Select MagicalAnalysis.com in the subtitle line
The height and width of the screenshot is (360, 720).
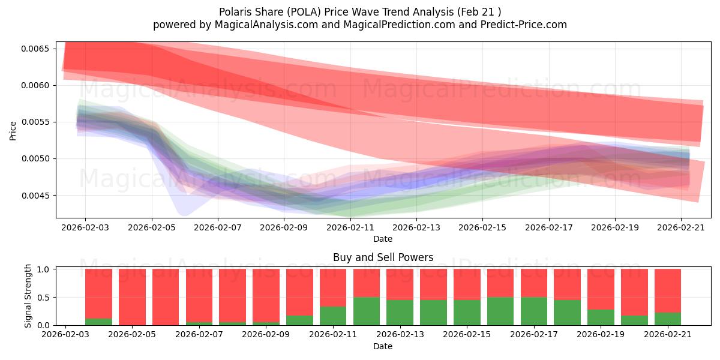[x=266, y=25]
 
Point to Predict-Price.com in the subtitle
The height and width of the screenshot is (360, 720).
[x=524, y=25]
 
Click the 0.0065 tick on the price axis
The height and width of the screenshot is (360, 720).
[x=35, y=49]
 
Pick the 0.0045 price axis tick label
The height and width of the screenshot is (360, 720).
[x=35, y=196]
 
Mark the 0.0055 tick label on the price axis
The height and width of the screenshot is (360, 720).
[x=35, y=122]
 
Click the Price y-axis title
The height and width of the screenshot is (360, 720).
[x=13, y=131]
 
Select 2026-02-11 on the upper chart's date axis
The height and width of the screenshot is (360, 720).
[x=350, y=227]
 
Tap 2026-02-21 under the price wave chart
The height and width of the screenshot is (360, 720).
[x=681, y=227]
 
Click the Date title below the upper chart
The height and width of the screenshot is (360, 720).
[x=383, y=239]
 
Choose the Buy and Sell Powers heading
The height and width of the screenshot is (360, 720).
[x=383, y=257]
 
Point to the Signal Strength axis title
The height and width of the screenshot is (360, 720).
[x=28, y=296]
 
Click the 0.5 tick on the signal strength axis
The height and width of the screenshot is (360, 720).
[x=43, y=298]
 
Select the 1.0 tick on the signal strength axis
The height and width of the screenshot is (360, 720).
[x=43, y=269]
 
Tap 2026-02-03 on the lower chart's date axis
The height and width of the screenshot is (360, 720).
[x=65, y=334]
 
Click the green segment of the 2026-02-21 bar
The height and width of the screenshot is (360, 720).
[x=668, y=319]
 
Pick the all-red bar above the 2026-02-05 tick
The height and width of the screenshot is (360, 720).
[x=132, y=297]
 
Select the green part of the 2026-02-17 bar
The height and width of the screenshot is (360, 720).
[x=534, y=311]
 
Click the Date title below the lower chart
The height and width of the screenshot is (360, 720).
[x=383, y=346]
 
